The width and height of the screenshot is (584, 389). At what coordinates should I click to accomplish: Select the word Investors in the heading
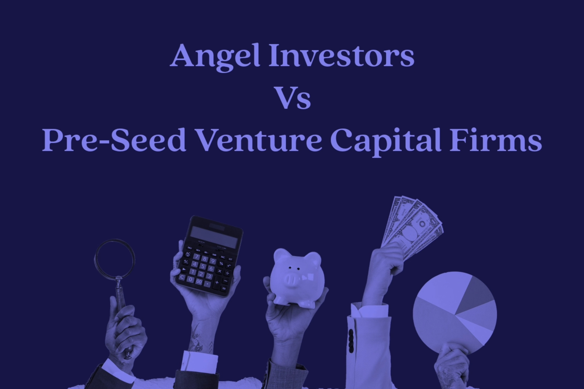click(x=342, y=55)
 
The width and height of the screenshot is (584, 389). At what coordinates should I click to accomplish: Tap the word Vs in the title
click(x=293, y=97)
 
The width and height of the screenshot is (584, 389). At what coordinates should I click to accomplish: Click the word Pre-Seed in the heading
click(x=114, y=140)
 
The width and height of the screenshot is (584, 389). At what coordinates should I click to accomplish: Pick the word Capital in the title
click(x=386, y=142)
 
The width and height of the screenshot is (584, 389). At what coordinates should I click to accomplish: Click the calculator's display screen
click(x=214, y=237)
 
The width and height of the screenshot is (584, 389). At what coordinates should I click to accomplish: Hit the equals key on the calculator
click(x=224, y=288)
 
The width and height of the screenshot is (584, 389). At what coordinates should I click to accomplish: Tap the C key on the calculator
click(x=182, y=277)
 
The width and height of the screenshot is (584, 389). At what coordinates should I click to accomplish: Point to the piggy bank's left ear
click(x=280, y=255)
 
